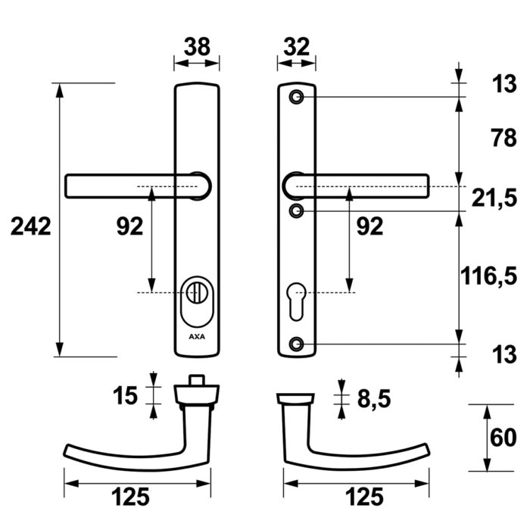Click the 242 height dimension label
coord(31,226)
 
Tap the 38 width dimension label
coord(197,47)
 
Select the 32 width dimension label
coord(297,47)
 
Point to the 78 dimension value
coord(504,138)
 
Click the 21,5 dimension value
coord(494,198)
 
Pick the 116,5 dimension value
coord(489,276)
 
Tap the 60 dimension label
coord(503,438)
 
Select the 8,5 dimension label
coord(374,399)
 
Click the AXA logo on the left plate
coord(197,337)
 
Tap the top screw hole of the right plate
coord(297,98)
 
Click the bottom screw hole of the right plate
coord(297,344)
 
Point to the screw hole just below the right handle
coord(297,211)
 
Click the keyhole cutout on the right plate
coord(297,301)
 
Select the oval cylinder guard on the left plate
coord(197,303)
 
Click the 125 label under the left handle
coord(130,497)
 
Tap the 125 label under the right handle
coord(364,497)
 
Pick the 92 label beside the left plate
coord(129,226)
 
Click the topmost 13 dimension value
coord(504,83)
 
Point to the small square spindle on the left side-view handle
coord(197,380)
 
